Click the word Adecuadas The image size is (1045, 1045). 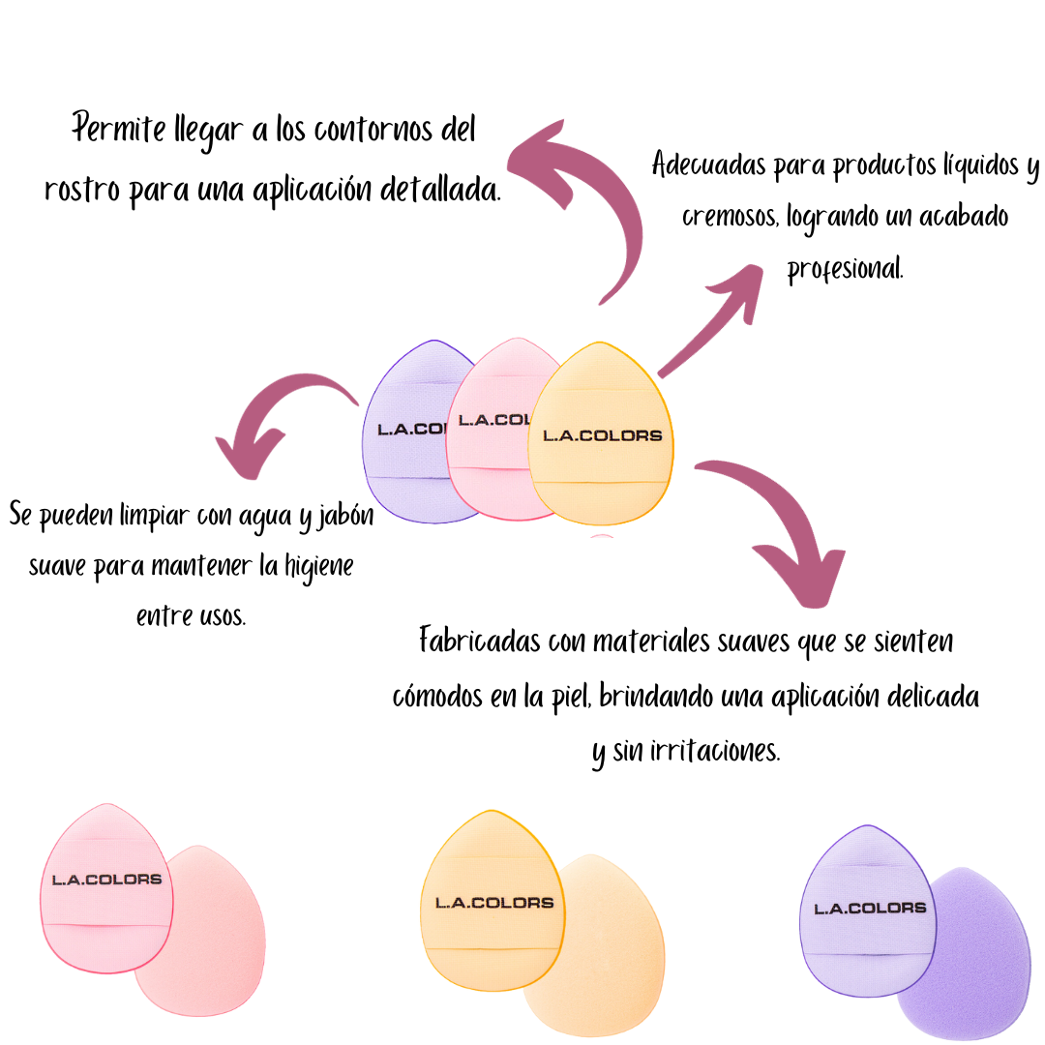pyautogui.click(x=708, y=164)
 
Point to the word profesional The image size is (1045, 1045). pyautogui.click(x=845, y=268)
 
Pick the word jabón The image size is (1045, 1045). pyautogui.click(x=346, y=514)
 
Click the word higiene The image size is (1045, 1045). pyautogui.click(x=318, y=564)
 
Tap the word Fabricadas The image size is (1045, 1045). pyautogui.click(x=478, y=641)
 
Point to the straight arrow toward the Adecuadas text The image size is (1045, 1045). pyautogui.click(x=721, y=319)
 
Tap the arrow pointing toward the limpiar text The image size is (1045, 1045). pyautogui.click(x=281, y=421)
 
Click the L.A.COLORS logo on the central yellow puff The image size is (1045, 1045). pyautogui.click(x=602, y=435)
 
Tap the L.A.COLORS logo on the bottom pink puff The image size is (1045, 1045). pyautogui.click(x=106, y=880)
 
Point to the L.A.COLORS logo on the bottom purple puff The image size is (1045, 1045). pyautogui.click(x=870, y=908)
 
